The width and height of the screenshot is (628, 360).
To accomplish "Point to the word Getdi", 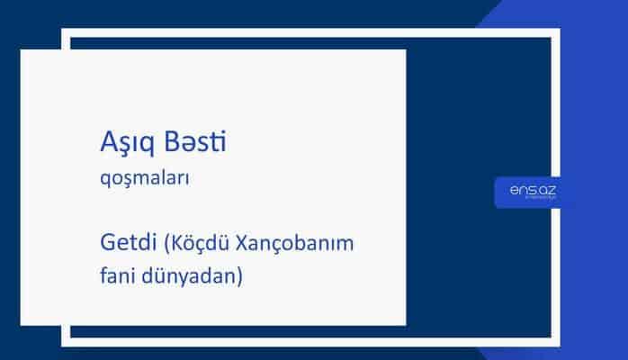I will tap(129, 242).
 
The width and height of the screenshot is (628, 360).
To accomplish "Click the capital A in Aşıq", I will tap(106, 141).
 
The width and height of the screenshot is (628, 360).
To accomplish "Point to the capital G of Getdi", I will tap(109, 242).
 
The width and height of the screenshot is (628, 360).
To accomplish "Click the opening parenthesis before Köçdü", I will tap(166, 243).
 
